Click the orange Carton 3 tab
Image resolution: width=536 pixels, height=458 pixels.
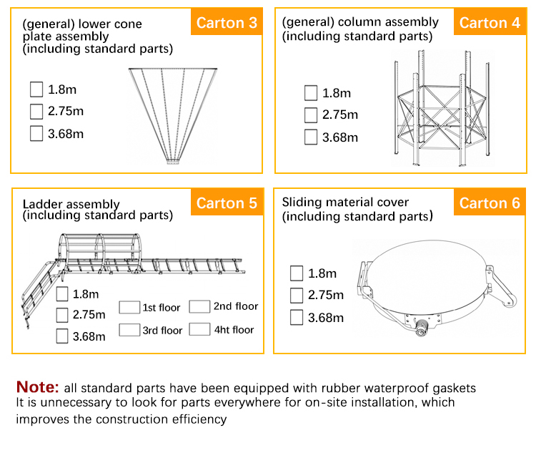[x=227, y=23]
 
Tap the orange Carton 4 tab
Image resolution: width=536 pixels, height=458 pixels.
[x=490, y=23]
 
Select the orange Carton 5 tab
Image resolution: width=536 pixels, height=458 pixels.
[x=227, y=203]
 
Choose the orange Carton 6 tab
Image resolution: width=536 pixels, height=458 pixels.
[x=490, y=203]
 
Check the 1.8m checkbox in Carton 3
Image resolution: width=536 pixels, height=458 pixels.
[x=36, y=89]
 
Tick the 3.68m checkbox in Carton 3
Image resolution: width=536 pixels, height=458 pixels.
[x=36, y=133]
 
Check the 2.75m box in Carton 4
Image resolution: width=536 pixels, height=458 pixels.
[x=311, y=114]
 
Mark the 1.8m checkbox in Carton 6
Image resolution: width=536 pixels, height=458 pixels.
[x=297, y=273]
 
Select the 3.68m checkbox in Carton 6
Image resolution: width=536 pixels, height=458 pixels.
[x=297, y=317]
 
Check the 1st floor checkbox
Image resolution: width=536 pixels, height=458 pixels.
[x=129, y=308]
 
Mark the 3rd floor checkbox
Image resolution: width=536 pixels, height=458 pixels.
[x=129, y=330]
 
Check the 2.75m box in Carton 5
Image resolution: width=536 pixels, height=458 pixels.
[x=63, y=314]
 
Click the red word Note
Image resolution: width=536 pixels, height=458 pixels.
[x=38, y=387]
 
